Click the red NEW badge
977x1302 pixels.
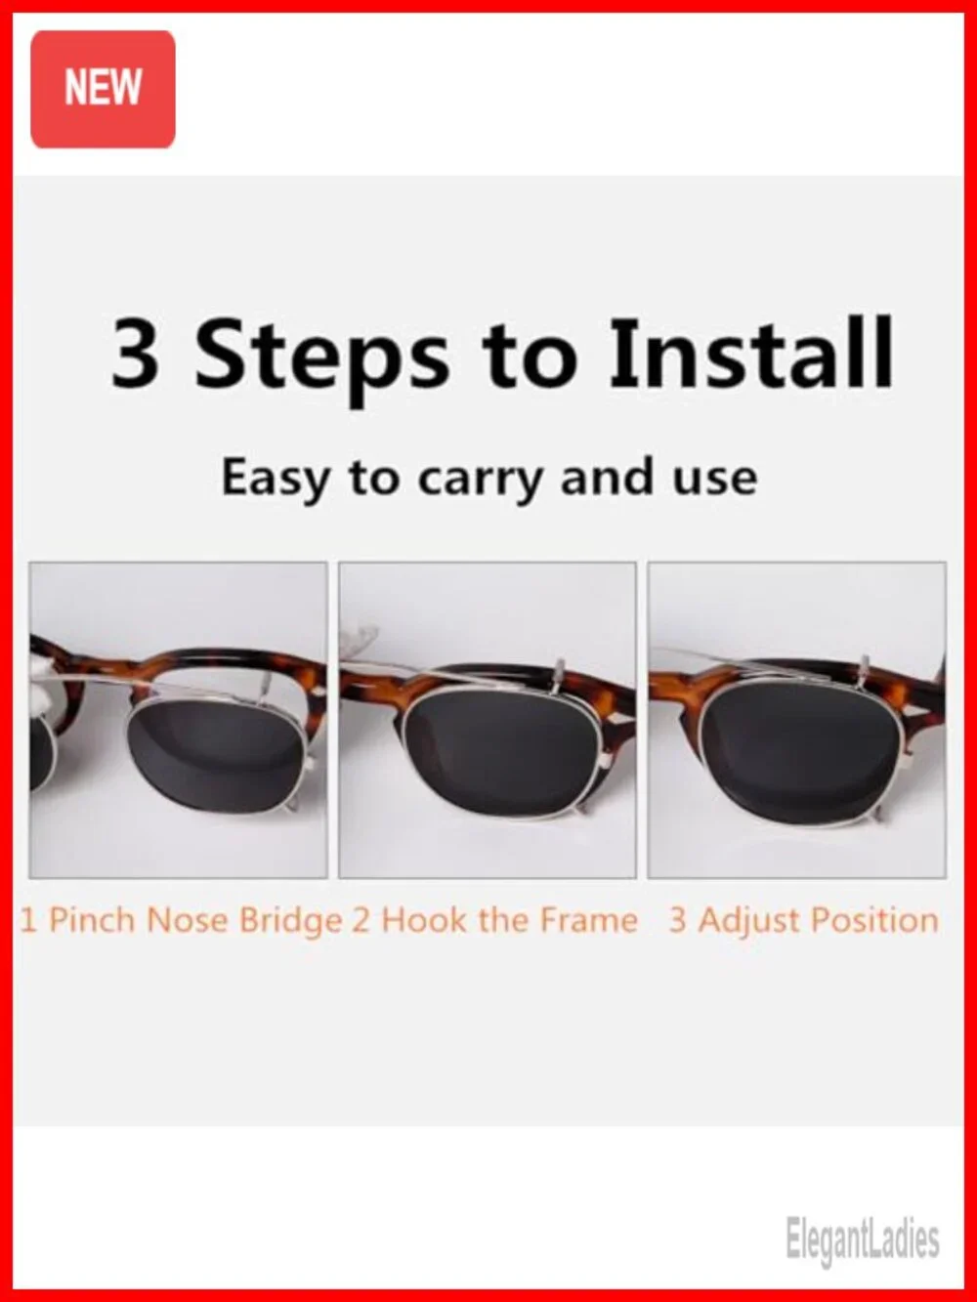103,89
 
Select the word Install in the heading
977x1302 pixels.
750,353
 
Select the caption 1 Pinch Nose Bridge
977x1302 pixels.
182,922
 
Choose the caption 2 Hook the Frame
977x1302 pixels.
494,920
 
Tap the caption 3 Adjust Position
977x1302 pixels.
804,922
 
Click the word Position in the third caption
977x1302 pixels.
874,921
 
